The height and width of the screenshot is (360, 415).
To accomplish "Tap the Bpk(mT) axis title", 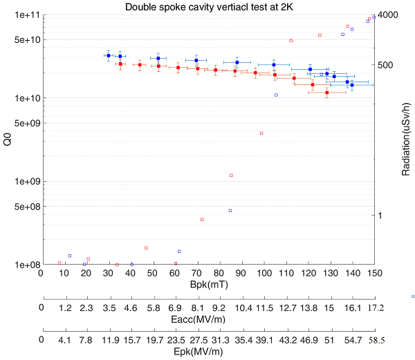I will click(x=207, y=284).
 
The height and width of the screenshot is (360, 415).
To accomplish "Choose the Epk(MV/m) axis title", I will click(x=207, y=352).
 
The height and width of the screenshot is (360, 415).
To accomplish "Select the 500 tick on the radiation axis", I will click(x=387, y=65).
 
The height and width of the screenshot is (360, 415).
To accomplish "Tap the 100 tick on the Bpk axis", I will click(x=264, y=273).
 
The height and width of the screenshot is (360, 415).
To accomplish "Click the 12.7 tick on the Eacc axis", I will click(x=287, y=307).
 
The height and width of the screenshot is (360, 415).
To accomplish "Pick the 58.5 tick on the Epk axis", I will click(x=375, y=341).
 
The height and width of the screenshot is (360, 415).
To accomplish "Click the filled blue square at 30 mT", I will click(x=109, y=55).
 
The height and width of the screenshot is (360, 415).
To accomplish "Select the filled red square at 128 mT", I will click(x=327, y=93).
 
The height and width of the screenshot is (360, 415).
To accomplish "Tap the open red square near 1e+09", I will click(x=231, y=176).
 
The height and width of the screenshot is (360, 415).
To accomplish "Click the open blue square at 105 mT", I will click(x=276, y=95).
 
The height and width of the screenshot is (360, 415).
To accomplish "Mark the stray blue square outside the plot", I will click(x=412, y=296).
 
